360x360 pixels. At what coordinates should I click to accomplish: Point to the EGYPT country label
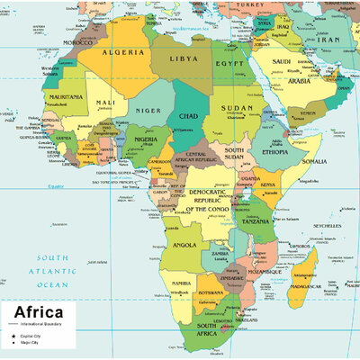coord(229,65)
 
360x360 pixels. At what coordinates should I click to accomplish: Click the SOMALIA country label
coord(314,161)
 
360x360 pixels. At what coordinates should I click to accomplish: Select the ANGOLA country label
coord(184,245)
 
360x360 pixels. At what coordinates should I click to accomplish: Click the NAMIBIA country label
coord(181,283)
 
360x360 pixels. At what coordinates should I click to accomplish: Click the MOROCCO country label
coord(77,42)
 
